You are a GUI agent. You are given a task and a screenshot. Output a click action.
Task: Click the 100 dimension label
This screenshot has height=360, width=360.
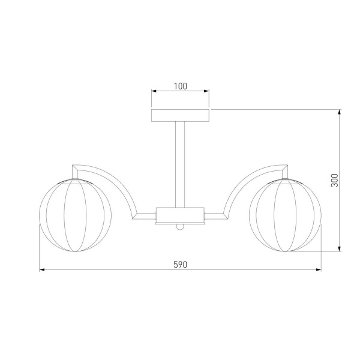click(181, 86)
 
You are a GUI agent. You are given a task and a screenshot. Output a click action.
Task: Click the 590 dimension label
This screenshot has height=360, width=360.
click(180, 265)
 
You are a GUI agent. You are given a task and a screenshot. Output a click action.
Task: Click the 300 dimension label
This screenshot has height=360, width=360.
click(335, 181)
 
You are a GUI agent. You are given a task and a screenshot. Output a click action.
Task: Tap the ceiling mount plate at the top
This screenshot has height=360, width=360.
click(180, 115)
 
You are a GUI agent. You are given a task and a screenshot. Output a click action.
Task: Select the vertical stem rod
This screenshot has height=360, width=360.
click(180, 164)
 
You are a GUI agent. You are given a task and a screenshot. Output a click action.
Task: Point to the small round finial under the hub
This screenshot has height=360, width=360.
click(180, 227)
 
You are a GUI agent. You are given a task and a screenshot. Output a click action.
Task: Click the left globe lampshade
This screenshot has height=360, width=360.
click(76, 215)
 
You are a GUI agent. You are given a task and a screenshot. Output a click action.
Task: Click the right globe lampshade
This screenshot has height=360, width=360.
click(285, 215)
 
